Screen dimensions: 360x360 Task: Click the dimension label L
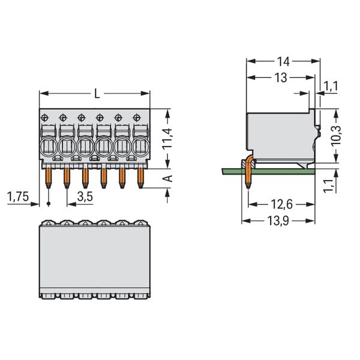coord(97,94)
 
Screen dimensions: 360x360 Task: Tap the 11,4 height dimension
coord(167,139)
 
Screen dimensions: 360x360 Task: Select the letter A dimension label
coord(169,178)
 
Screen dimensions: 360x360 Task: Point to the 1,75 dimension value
coord(18,197)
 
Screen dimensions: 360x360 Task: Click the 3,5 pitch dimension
coord(85,197)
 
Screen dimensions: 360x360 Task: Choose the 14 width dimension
coord(283,62)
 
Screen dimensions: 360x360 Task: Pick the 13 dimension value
coord(281,78)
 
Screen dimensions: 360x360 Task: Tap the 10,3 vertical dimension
coord(336,136)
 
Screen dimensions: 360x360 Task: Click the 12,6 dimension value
coord(282,205)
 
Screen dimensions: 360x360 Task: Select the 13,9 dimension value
coord(278,221)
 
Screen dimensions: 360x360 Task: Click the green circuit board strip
coord(268,171)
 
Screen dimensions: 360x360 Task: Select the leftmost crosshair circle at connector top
coord(44,118)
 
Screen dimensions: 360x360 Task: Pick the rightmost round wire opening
coord(140,147)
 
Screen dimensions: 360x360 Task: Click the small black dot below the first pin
coord(48,203)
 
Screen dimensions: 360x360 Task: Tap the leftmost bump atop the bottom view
coord(48,223)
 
